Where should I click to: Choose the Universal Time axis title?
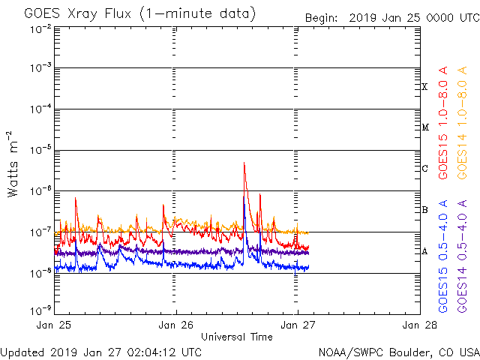tap(236, 337)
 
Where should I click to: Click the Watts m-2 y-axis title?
tap(13, 164)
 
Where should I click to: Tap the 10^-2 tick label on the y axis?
tap(40, 29)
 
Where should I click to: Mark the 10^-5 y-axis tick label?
tap(40, 149)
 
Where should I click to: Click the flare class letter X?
tap(424, 87)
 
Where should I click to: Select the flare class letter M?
tap(424, 127)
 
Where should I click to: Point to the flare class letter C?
tap(424, 169)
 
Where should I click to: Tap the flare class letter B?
tap(424, 210)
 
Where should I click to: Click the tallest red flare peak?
tap(244, 163)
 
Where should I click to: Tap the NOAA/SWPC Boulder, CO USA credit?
tap(397, 352)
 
